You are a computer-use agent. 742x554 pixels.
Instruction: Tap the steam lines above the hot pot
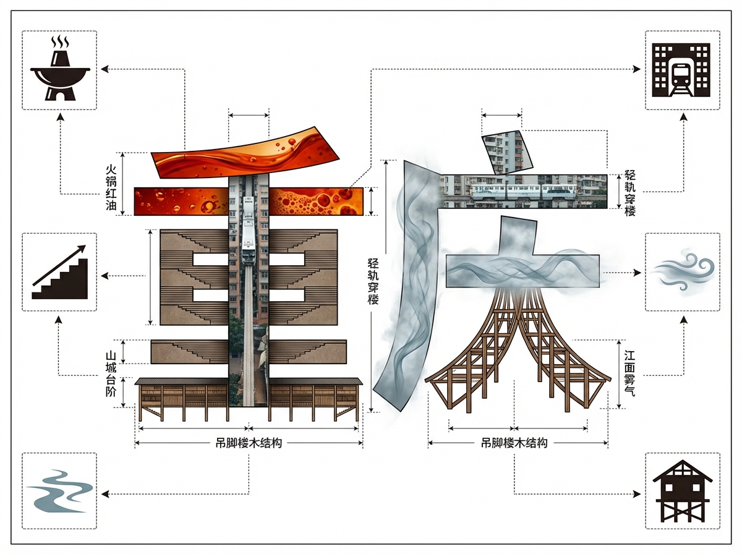tap(60, 41)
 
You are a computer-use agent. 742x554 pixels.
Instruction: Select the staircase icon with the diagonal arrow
tap(60, 272)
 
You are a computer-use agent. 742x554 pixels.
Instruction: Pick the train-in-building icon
tap(682, 70)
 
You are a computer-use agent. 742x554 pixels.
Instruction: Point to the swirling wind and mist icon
tap(683, 272)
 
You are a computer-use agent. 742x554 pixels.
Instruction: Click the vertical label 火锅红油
tap(111, 187)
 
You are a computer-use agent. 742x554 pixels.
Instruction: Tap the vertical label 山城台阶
tap(111, 374)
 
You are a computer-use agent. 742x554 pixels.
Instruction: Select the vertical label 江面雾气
tap(629, 373)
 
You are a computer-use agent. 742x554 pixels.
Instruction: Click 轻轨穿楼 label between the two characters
tap(373, 281)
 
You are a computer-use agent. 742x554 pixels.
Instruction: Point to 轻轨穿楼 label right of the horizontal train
tap(629, 193)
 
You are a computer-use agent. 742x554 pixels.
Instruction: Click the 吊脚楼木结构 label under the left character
tap(249, 443)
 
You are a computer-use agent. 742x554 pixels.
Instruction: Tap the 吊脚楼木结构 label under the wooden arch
tap(514, 443)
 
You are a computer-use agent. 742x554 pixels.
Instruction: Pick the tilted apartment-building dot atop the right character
tap(507, 152)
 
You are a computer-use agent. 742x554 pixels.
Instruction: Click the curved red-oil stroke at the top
tap(245, 153)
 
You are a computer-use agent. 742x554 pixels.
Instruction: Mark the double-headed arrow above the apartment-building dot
tap(501, 115)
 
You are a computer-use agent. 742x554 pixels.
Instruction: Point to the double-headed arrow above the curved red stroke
tap(249, 115)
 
